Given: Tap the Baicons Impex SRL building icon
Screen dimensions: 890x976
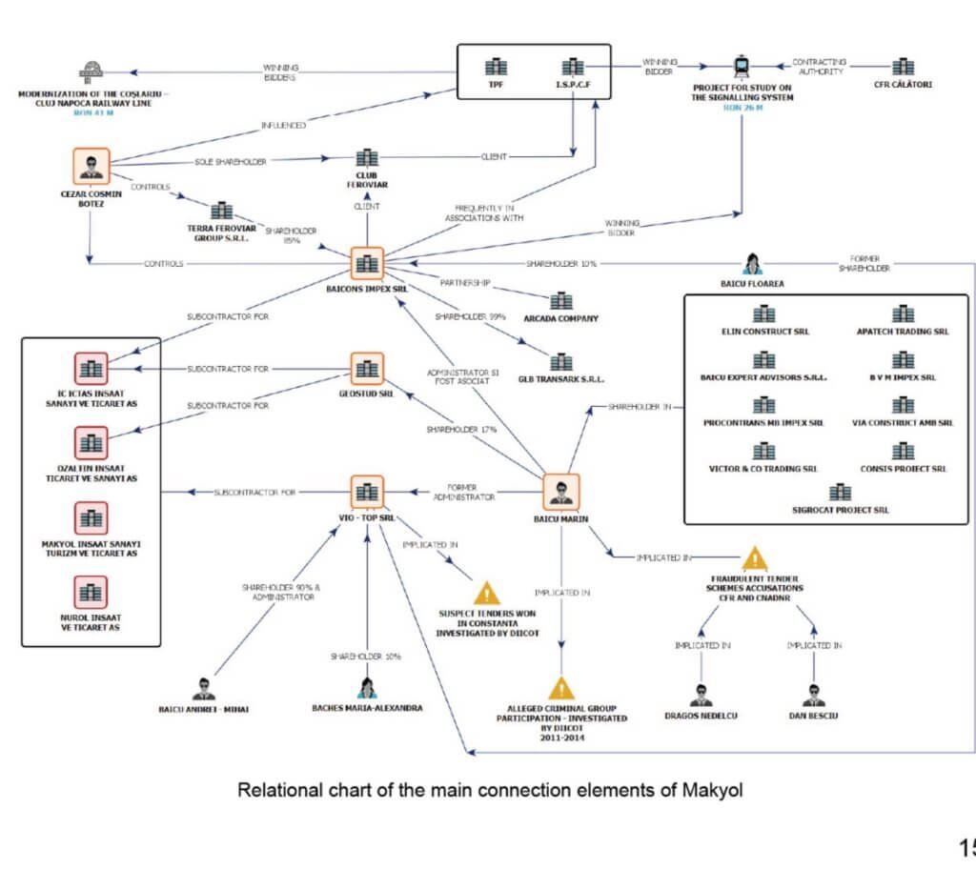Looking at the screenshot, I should [x=366, y=264].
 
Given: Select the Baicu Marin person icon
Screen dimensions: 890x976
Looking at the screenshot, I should [x=560, y=492].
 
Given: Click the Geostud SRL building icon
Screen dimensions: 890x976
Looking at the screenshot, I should [x=366, y=369].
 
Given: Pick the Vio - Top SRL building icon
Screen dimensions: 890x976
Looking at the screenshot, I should [x=366, y=492].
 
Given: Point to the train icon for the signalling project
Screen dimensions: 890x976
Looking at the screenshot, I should [x=742, y=68].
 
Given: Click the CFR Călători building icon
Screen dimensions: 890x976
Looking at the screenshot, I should [x=903, y=68].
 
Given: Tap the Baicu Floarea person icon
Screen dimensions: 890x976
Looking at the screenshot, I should [x=751, y=263].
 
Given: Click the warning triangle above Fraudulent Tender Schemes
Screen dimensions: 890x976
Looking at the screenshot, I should [x=755, y=558].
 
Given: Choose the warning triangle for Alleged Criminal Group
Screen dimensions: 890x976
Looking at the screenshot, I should [x=561, y=689].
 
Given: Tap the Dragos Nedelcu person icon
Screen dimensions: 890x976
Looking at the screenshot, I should [x=701, y=695].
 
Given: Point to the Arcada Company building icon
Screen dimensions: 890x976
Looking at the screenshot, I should [x=561, y=301].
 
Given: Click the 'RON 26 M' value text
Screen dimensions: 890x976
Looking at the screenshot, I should [x=742, y=108].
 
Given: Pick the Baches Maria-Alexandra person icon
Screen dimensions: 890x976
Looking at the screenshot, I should [x=367, y=689].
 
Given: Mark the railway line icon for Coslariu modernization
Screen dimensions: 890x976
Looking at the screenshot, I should [x=93, y=71].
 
